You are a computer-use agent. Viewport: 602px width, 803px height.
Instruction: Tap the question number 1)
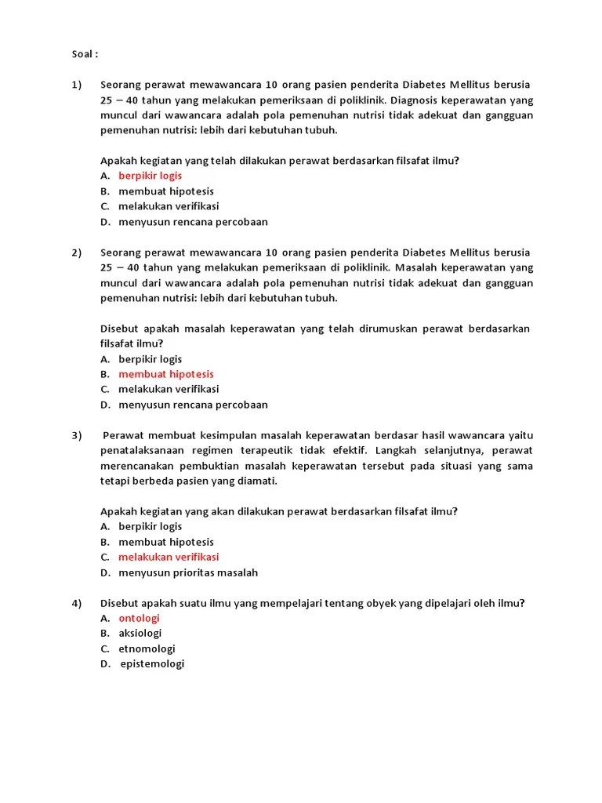(x=77, y=85)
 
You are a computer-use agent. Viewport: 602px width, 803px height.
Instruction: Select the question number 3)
(x=77, y=435)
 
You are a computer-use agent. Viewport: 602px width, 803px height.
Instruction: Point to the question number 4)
(x=77, y=603)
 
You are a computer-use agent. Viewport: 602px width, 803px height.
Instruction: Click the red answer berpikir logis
(x=150, y=176)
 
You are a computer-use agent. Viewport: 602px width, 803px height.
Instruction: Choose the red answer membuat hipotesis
(x=165, y=374)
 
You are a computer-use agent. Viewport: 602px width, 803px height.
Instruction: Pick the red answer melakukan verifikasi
(x=169, y=557)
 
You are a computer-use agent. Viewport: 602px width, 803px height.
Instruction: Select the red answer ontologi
(x=139, y=618)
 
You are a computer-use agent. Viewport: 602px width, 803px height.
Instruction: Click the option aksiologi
(x=140, y=633)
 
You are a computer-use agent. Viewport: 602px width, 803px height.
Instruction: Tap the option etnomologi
(x=147, y=649)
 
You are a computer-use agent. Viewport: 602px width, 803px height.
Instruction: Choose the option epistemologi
(x=152, y=663)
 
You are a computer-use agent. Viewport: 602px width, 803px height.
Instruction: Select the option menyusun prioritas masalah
(x=188, y=572)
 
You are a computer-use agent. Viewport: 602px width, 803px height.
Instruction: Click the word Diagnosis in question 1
(x=415, y=100)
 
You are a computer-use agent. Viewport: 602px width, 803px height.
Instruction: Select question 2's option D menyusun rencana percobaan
(x=193, y=405)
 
